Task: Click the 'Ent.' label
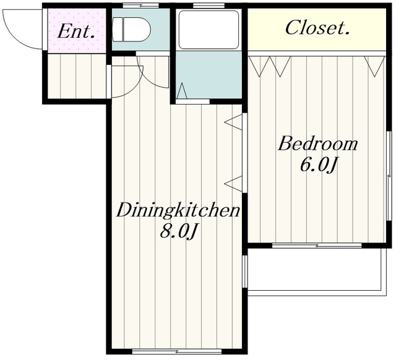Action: [x=76, y=32]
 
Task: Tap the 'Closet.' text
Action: [x=317, y=27]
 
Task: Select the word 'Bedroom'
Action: [x=317, y=144]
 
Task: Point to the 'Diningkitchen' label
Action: [x=178, y=210]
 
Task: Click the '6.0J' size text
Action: [x=319, y=165]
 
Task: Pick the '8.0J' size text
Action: [x=178, y=231]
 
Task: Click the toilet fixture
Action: [x=131, y=30]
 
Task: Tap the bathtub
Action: [x=209, y=30]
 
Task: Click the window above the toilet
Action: [x=140, y=6]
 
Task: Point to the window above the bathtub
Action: [x=209, y=6]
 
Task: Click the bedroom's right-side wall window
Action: [x=389, y=176]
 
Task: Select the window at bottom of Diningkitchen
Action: [x=177, y=351]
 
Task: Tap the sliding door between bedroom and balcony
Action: [x=317, y=246]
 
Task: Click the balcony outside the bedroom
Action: [x=317, y=272]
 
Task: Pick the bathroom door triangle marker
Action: [x=182, y=91]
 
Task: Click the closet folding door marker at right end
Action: [x=374, y=66]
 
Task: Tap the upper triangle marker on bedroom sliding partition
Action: [x=234, y=122]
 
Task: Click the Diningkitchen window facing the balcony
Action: [x=245, y=272]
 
